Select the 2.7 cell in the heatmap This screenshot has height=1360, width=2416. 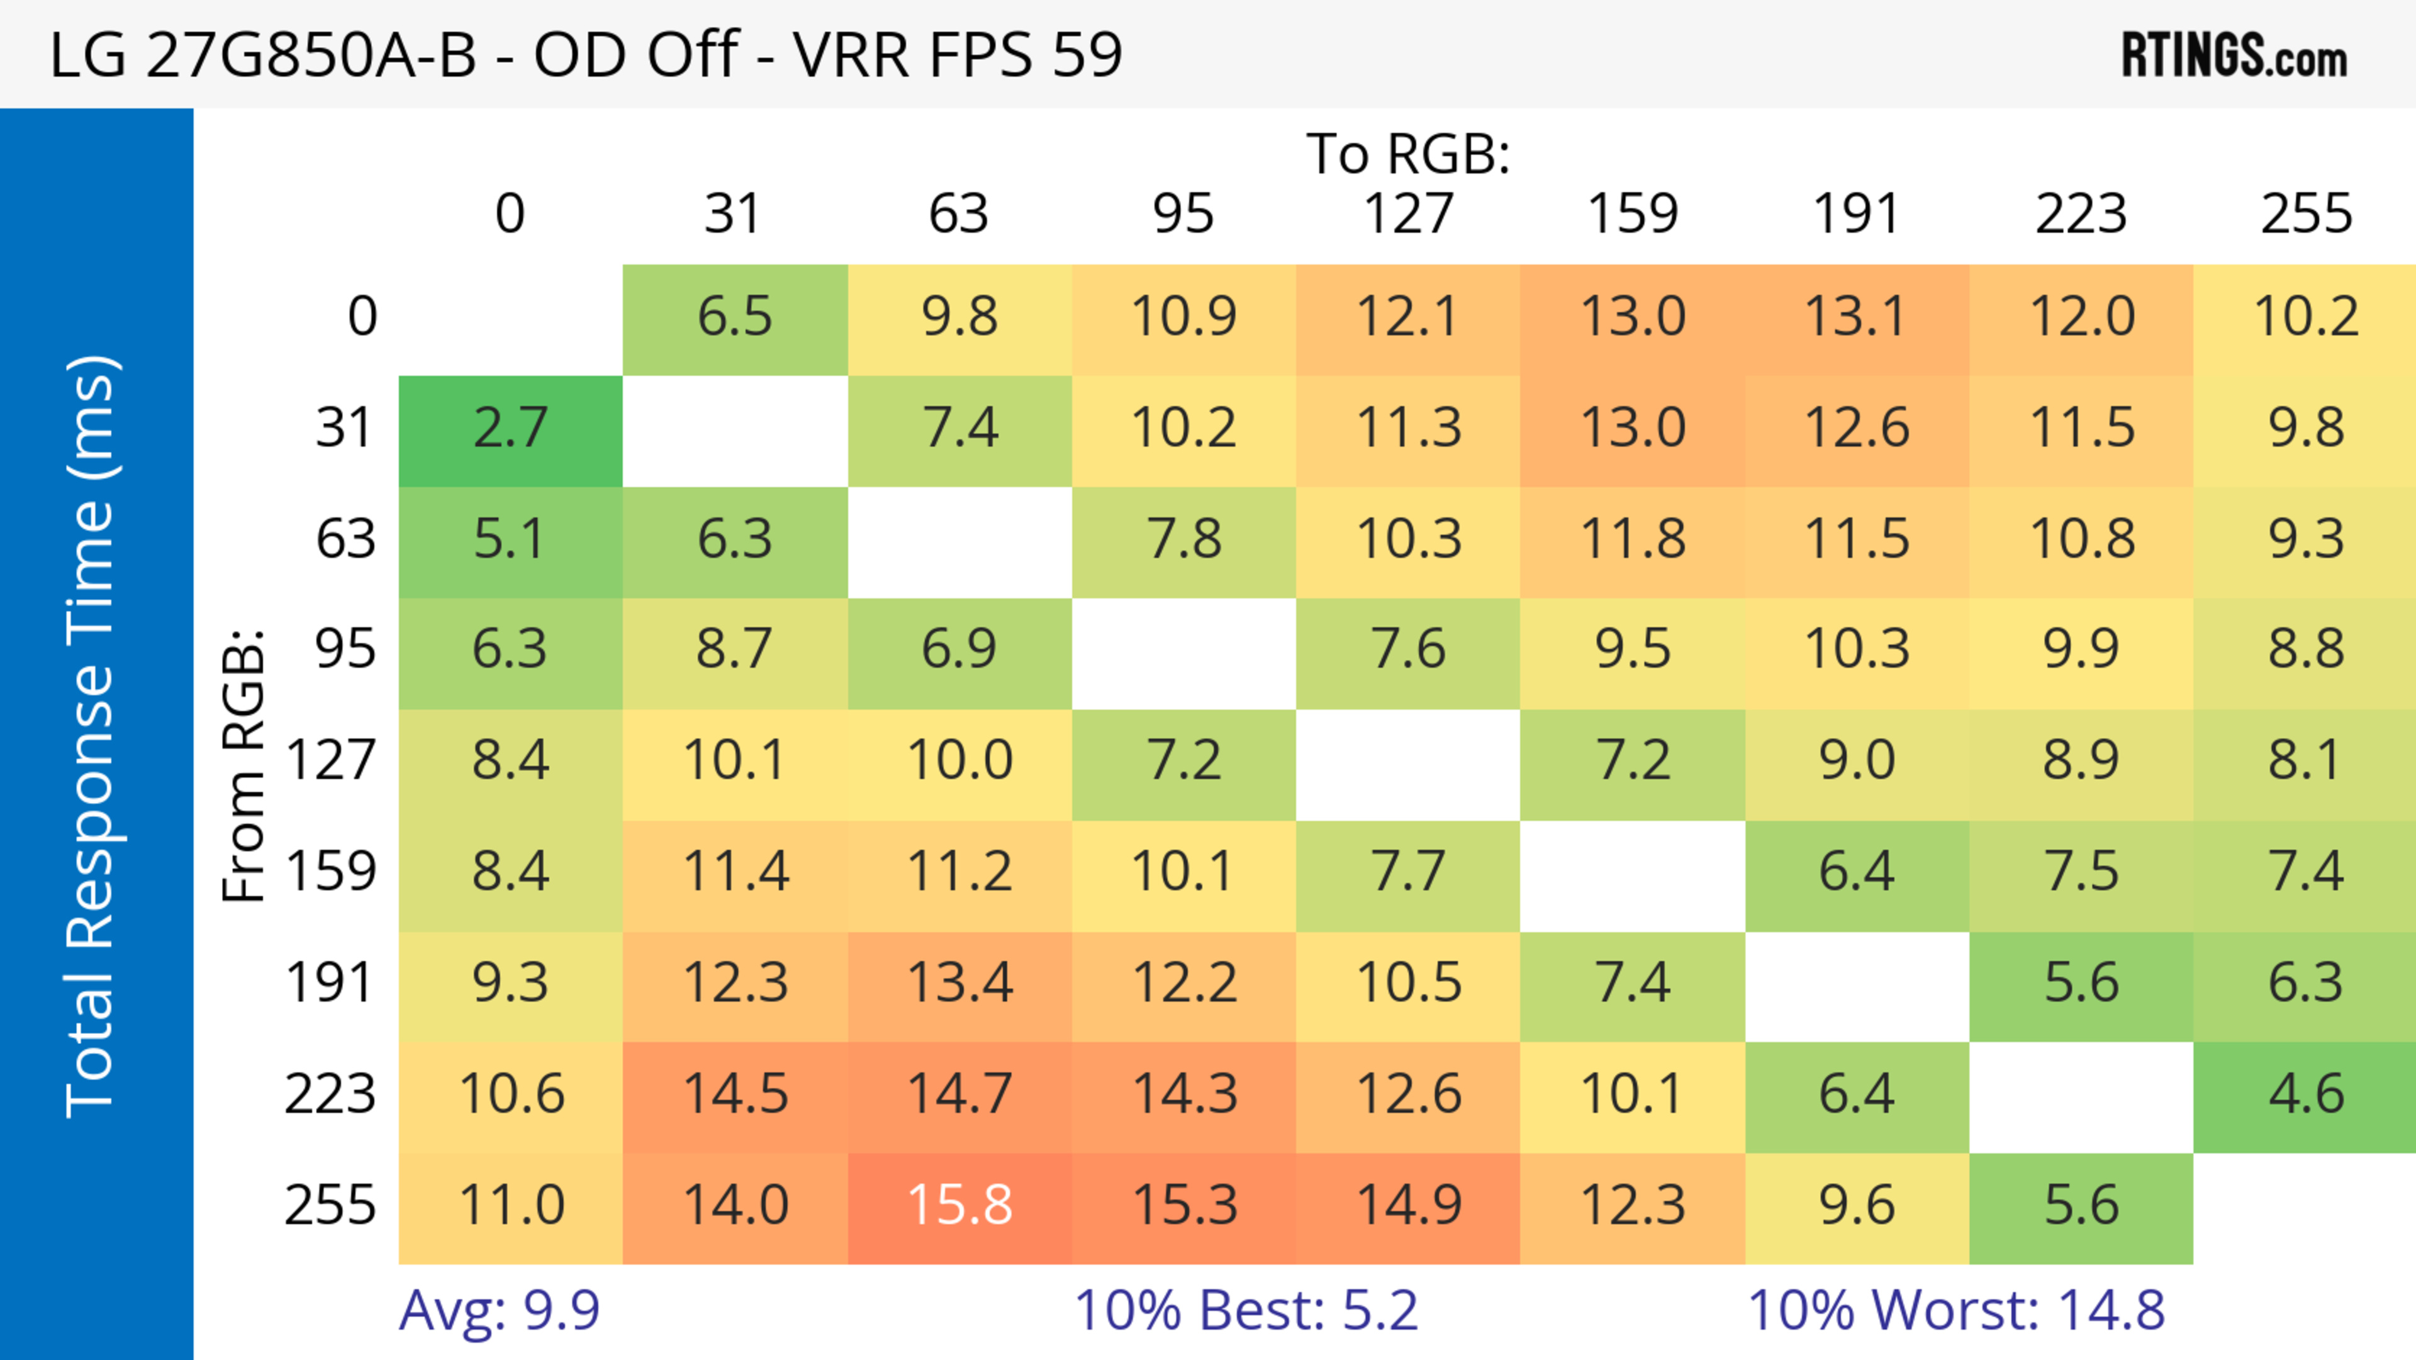click(510, 430)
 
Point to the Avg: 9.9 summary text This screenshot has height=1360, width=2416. click(499, 1310)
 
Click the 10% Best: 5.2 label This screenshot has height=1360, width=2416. click(1246, 1310)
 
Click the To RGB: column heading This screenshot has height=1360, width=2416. click(1408, 154)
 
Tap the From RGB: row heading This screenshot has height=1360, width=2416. click(243, 765)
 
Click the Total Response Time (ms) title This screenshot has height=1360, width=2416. click(92, 737)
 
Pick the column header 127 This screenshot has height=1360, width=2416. click(1408, 214)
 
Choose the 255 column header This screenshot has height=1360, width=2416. click(2305, 214)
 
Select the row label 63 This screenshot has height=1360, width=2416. click(345, 539)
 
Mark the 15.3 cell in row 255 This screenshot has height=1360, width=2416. click(1183, 1206)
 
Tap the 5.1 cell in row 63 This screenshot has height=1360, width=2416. click(510, 539)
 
